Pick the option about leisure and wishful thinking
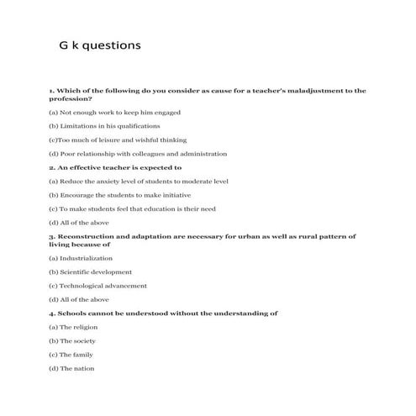point(118,140)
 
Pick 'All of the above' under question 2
point(79,223)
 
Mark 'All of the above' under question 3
point(79,300)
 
